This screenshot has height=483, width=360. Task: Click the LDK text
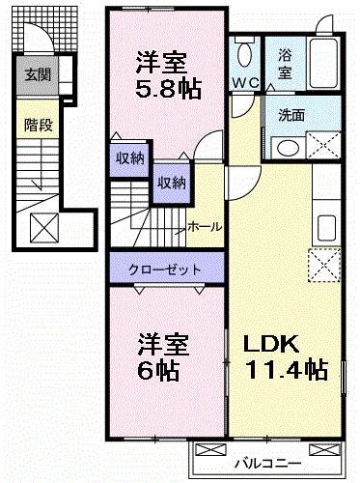click(273, 344)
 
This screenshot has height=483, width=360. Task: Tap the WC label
click(244, 83)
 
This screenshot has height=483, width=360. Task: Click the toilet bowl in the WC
click(243, 53)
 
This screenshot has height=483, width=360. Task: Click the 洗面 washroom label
click(291, 114)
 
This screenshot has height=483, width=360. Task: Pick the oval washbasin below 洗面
click(286, 148)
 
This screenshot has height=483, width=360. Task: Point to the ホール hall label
click(204, 226)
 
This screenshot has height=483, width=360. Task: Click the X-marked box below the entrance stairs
click(42, 228)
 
